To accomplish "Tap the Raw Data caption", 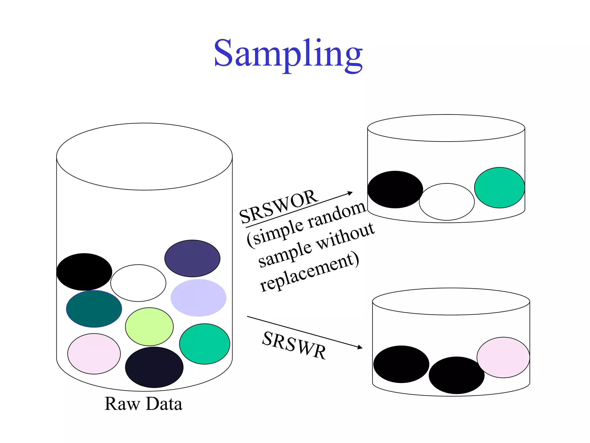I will [143, 403].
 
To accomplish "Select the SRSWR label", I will [294, 345].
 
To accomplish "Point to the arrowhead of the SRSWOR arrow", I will [351, 193].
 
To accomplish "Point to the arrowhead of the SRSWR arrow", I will [360, 348].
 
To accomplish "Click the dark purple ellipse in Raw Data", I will [192, 258].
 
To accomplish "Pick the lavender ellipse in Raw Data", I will [198, 297].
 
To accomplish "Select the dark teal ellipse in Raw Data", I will [94, 309].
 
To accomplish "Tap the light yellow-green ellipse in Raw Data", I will [149, 326].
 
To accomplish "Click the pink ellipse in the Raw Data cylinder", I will [94, 354].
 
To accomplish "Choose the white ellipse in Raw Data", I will [138, 283].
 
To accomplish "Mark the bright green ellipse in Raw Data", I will [205, 344].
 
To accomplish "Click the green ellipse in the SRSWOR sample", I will [499, 187].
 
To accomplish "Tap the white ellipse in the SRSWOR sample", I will [447, 202].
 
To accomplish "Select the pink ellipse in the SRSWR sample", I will [503, 357].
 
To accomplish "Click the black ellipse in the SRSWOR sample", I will [395, 189].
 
